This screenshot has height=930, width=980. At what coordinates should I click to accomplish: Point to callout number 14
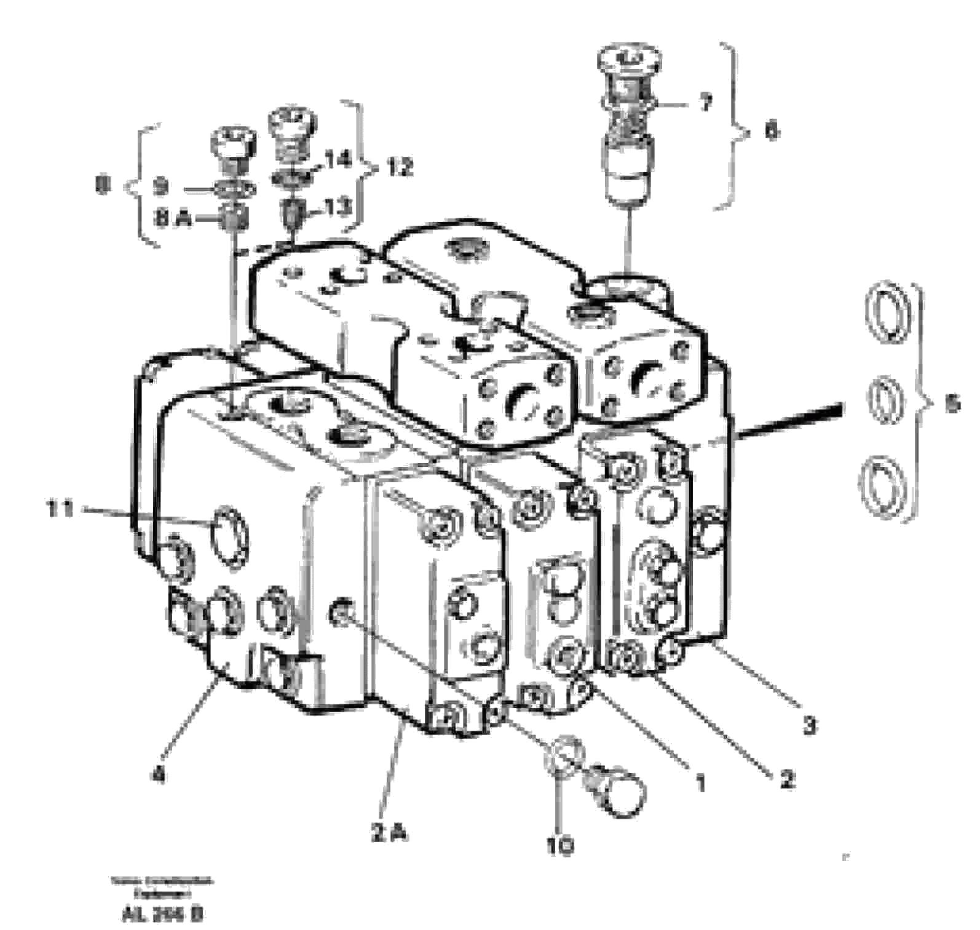[338, 160]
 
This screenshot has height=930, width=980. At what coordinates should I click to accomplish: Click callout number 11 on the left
[60, 509]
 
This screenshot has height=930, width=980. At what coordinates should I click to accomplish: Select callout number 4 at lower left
[159, 776]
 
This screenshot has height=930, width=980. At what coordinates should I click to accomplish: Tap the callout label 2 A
[388, 833]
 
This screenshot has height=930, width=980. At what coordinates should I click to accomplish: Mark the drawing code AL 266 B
[163, 915]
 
